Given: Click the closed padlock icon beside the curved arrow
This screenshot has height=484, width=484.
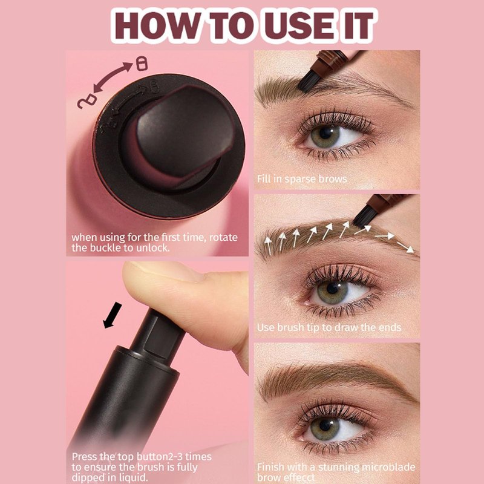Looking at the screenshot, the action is point(142,64).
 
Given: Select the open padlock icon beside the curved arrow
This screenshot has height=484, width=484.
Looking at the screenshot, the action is point(87,102).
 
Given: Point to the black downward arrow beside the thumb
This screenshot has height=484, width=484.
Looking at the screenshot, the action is point(112,315).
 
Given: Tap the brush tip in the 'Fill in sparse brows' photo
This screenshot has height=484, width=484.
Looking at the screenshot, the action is point(309,82).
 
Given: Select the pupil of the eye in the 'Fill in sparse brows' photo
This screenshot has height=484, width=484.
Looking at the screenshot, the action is point(325,134).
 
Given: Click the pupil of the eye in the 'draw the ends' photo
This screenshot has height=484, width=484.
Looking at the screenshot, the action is point(332,288).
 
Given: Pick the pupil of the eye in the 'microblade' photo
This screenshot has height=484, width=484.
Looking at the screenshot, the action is point(325,425).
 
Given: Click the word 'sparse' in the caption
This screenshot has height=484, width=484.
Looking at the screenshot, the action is point(300,179).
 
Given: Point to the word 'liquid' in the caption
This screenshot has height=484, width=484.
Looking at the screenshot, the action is point(134,477).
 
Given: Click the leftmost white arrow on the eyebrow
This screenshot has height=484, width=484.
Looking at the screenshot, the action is point(268,246).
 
